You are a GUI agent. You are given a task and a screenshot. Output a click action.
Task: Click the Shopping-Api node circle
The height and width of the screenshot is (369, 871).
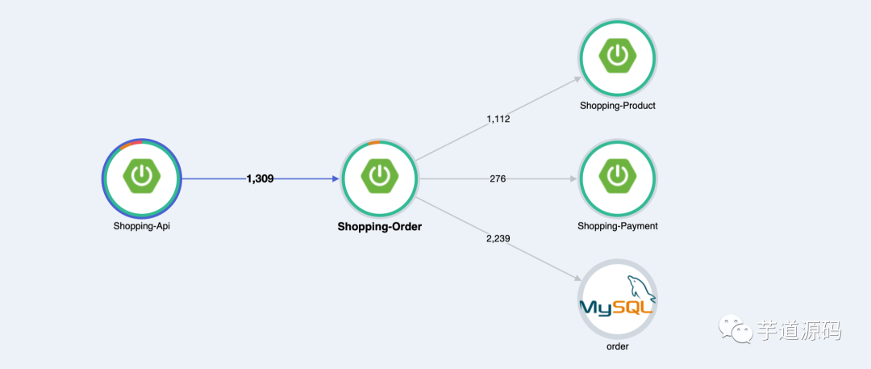(x=141, y=178)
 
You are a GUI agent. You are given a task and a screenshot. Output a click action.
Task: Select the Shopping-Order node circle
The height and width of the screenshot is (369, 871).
(x=379, y=178)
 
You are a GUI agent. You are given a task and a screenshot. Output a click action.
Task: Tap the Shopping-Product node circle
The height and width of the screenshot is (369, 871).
(x=618, y=57)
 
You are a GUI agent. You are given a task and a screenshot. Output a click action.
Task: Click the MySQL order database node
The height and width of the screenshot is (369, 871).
(x=618, y=298)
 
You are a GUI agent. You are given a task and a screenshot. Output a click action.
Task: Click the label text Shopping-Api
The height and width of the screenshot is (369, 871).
(x=141, y=226)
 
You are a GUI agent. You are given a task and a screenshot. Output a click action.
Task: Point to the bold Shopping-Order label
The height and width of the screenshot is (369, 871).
(x=379, y=227)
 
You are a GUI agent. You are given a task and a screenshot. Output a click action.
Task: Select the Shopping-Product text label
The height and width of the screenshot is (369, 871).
(x=618, y=105)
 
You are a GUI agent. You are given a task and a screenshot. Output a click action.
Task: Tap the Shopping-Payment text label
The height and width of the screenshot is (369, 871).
(x=618, y=226)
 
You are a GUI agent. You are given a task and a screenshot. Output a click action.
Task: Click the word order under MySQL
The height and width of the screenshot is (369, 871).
(x=618, y=346)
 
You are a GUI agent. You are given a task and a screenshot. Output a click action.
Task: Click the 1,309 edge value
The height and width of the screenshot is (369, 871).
(x=260, y=178)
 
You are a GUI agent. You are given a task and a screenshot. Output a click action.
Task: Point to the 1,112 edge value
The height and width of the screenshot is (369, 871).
(x=498, y=119)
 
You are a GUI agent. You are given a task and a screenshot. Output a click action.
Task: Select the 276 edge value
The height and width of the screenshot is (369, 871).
(x=498, y=178)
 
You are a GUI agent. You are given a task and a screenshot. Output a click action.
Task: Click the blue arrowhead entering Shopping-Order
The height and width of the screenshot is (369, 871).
(x=335, y=178)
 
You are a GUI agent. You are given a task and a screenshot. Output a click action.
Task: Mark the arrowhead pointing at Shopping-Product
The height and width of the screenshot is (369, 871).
(x=577, y=78)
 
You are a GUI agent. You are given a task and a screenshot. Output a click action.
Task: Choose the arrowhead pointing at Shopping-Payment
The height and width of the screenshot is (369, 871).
(x=573, y=178)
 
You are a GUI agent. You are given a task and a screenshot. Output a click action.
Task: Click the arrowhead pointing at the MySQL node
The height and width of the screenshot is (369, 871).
(x=577, y=278)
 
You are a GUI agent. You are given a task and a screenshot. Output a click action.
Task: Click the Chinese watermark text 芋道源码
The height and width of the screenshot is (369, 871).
(x=798, y=330)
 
